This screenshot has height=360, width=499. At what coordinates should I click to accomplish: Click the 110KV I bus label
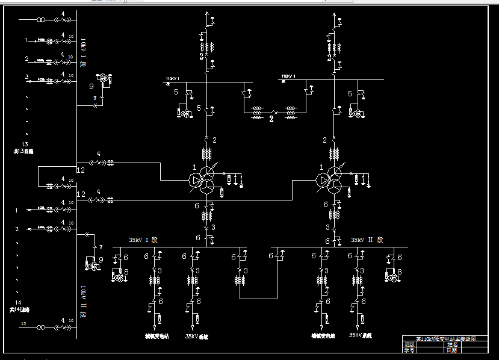[x=173, y=78]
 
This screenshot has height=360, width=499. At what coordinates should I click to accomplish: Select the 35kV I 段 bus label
[x=142, y=240]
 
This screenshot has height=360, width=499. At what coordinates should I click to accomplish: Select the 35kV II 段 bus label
[x=367, y=240]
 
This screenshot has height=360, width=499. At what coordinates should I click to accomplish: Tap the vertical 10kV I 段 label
[x=84, y=52]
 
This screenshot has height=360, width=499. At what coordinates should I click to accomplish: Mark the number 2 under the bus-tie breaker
[x=271, y=119]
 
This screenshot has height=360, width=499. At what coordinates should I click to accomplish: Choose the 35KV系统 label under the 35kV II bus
[x=361, y=335]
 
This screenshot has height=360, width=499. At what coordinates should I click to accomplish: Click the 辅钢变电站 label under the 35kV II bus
[x=323, y=336]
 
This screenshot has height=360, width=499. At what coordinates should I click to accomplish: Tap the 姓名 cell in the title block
[x=453, y=344]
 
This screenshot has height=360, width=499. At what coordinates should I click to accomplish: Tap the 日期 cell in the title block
[x=451, y=349]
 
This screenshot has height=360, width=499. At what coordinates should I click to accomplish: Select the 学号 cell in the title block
[x=409, y=349]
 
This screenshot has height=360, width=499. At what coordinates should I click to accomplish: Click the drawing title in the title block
[x=447, y=338]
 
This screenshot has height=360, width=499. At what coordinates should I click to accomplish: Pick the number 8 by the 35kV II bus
[x=400, y=272]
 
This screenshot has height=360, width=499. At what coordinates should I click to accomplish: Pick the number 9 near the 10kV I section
[x=91, y=86]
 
